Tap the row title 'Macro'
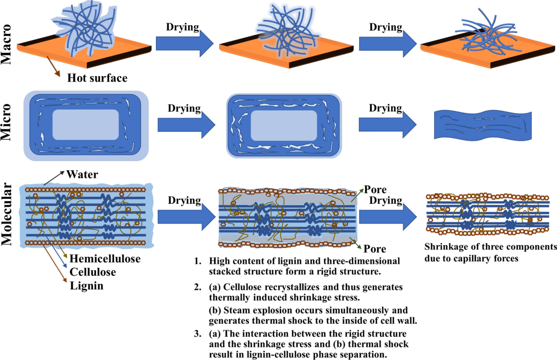(8, 44)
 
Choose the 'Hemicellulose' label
(105, 258)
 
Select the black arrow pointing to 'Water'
(55, 178)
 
